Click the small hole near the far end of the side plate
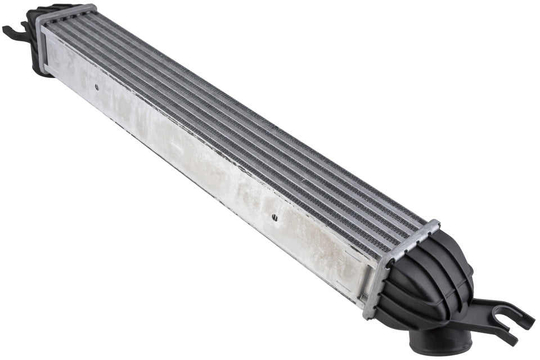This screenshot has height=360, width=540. [x=96, y=87]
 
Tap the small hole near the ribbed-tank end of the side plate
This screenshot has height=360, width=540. [x=273, y=217]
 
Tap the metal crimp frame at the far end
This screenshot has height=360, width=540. [x=62, y=17]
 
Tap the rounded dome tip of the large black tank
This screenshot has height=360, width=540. [x=467, y=270]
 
